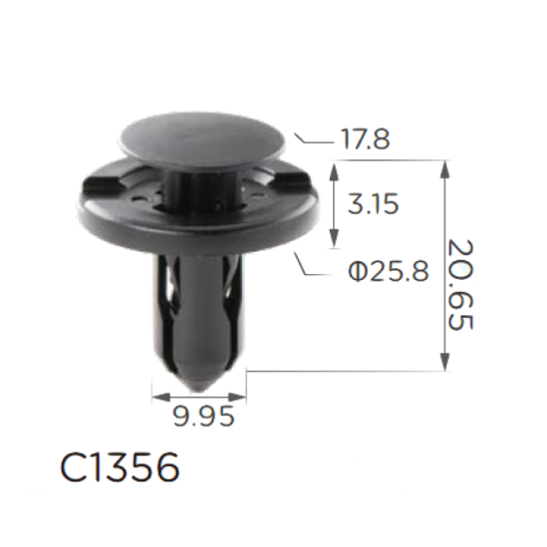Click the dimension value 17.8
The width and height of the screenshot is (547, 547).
pos(365,139)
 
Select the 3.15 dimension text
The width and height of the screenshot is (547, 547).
pos(373,204)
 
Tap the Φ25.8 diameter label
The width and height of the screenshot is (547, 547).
pos(388,271)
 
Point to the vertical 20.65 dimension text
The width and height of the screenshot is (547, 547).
pos(460,284)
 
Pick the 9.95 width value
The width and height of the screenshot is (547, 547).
pos(204,417)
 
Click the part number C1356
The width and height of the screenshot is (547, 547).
pos(120,467)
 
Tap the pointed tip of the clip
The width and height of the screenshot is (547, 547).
pos(199,390)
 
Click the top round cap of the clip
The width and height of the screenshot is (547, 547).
pos(202,139)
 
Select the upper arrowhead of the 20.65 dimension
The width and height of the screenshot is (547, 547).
pos(444,169)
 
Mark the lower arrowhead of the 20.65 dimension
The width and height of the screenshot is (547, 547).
pos(444,362)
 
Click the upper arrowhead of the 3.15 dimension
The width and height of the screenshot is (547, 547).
pos(334,171)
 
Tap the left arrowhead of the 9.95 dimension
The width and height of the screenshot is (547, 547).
pos(161,396)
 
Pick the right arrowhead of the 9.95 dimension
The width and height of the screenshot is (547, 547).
pos(237,396)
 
